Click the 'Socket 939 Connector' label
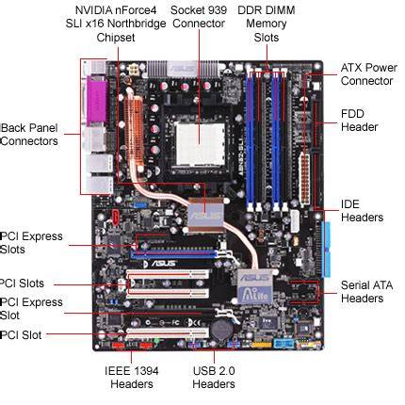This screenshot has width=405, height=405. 199,17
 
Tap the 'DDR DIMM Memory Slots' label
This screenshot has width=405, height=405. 267,24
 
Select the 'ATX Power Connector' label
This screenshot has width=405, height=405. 369,74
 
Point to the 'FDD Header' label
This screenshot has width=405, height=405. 359,121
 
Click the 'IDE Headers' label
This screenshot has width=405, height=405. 362,211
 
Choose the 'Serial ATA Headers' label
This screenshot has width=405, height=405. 366,292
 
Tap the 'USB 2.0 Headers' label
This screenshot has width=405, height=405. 214,378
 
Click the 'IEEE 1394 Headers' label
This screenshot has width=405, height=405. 132,378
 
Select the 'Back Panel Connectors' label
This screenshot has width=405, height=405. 29,135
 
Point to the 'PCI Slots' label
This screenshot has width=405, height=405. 22,283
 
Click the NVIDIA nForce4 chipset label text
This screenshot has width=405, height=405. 116,24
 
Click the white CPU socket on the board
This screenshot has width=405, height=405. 200,144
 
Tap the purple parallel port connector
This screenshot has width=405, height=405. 97,99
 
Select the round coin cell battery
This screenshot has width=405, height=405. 221,329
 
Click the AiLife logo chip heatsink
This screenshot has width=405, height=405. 254,287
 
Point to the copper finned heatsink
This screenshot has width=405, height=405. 134,132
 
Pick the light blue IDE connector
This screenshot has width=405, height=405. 326,250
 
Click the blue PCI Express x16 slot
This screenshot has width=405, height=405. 175,253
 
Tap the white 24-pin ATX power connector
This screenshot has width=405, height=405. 304,178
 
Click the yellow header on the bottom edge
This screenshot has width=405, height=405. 261,345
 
